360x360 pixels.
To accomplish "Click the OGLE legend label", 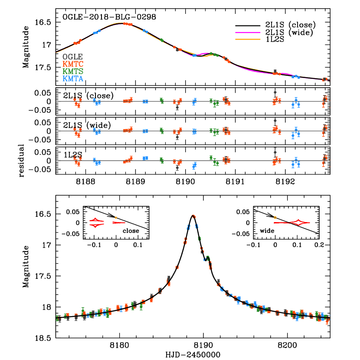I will [72, 57].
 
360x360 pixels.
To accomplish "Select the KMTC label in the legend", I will [73, 64].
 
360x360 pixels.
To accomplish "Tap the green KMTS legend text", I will [73, 72].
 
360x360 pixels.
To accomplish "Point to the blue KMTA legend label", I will [73, 79].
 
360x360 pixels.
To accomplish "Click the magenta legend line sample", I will [248, 33].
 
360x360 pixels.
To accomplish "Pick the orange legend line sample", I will [248, 39].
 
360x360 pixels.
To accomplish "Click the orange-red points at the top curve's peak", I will [127, 24].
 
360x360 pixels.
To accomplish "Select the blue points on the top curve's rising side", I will [97, 32].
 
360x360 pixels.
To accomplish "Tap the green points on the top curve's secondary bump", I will [213, 54].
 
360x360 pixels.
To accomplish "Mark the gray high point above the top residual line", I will [275, 92].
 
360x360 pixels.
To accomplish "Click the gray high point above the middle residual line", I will [275, 121].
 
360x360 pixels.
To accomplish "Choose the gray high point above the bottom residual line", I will [275, 152].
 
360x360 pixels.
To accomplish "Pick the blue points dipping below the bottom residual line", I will [194, 165].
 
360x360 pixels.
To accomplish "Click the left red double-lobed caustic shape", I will [96, 223].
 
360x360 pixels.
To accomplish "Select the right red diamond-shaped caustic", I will [298, 223].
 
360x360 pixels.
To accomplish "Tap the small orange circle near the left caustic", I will [116, 218].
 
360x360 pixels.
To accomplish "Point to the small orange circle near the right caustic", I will [275, 217].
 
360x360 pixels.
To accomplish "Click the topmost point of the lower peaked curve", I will [193, 216].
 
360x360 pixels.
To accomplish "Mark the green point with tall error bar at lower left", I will [83, 311].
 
